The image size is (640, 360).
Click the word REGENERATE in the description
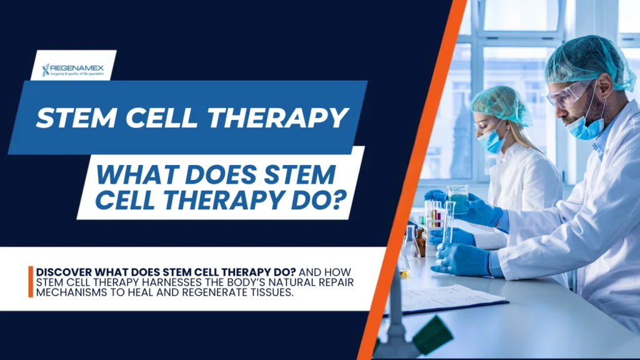point(211,293)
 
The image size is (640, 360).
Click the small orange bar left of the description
point(30,282)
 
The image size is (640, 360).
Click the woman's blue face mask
point(491,140)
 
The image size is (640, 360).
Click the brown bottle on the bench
point(421,242)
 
